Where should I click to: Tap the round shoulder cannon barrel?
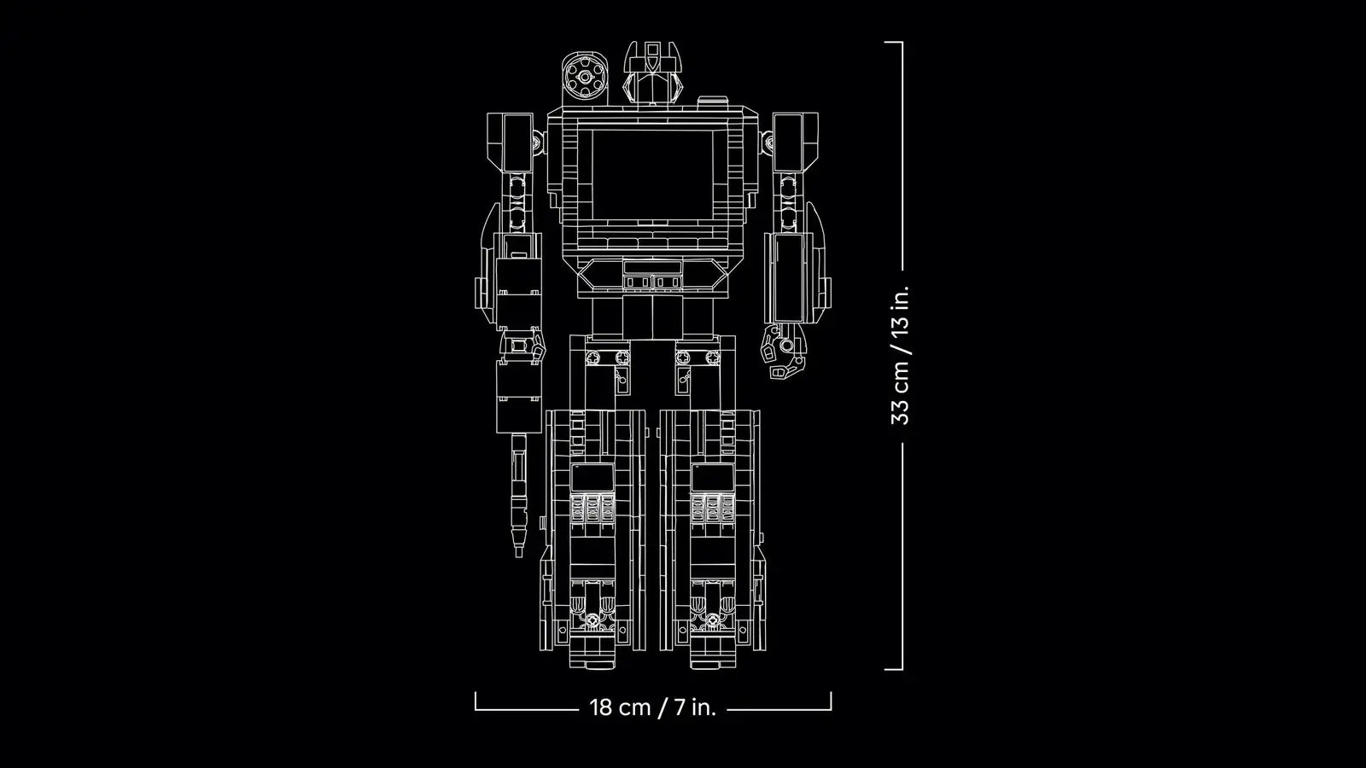[584, 79]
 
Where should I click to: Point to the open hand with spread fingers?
[784, 350]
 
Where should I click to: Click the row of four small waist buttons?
[652, 281]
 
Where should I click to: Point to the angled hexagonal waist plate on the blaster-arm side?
[599, 276]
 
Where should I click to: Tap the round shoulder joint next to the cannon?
[538, 142]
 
